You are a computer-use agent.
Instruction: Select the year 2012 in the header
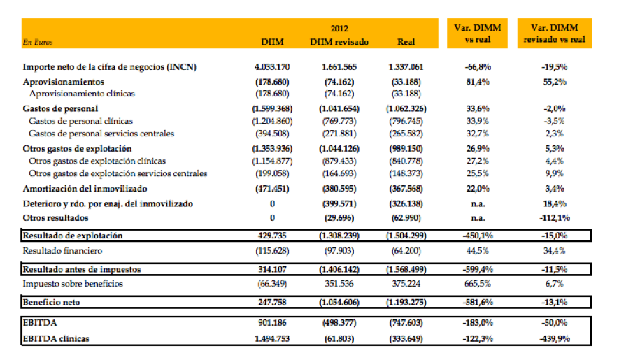338,29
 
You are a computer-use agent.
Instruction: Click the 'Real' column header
406,42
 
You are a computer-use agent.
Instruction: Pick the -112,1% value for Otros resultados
556,218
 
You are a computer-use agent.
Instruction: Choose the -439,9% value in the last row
556,338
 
